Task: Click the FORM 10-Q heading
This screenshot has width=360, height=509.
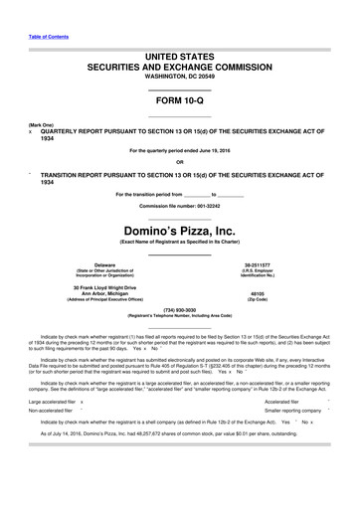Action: coord(179,101)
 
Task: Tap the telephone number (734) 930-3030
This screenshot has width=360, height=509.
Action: coord(179,309)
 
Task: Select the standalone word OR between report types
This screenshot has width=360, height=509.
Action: coord(179,162)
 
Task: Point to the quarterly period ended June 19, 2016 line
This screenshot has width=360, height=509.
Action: coord(179,150)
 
